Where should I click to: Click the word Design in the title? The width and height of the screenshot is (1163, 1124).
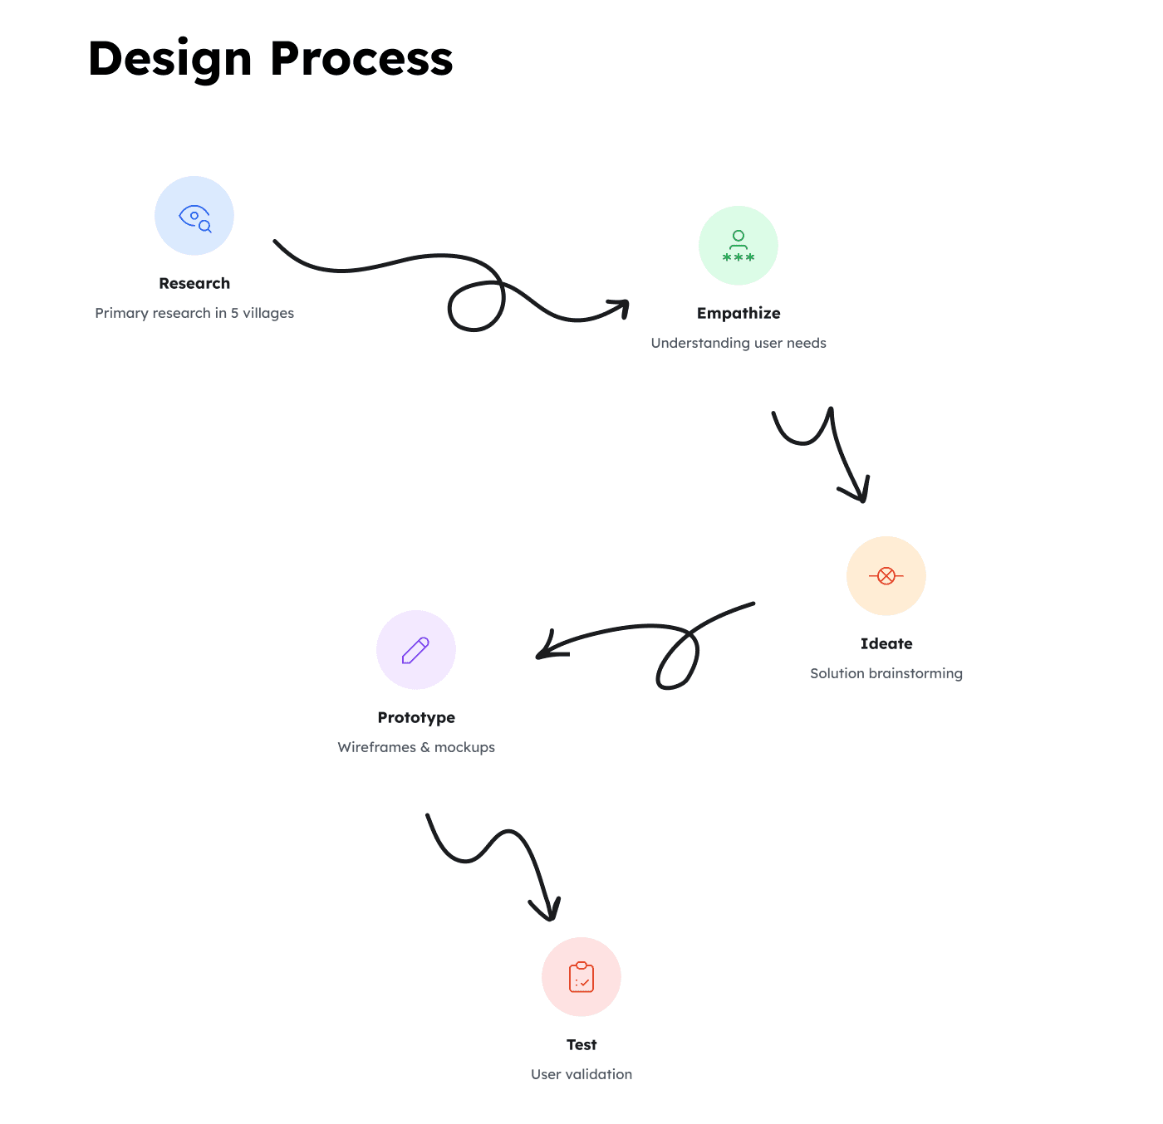point(169,60)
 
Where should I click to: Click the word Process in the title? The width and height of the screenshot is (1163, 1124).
point(361,60)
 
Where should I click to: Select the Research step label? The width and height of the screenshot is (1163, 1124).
point(194,283)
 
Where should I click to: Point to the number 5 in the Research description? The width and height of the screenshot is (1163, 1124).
point(234,313)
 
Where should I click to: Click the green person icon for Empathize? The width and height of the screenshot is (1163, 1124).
point(739,246)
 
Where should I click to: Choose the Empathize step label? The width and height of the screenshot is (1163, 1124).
point(739,313)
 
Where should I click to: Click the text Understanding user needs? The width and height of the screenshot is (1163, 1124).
point(739,343)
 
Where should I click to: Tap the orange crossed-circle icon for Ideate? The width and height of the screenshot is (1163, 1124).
point(886,576)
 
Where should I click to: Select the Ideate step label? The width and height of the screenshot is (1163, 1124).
point(886,643)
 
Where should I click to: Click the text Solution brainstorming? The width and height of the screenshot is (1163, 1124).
point(886,673)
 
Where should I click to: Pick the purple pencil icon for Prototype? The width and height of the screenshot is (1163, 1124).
point(415,650)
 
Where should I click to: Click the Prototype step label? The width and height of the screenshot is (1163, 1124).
point(416,717)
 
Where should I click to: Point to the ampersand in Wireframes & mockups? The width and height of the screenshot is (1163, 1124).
point(425,747)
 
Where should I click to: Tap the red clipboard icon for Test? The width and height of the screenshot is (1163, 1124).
point(581,977)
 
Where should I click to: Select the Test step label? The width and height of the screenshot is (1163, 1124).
point(581,1044)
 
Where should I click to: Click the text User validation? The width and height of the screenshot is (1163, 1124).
point(581,1074)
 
